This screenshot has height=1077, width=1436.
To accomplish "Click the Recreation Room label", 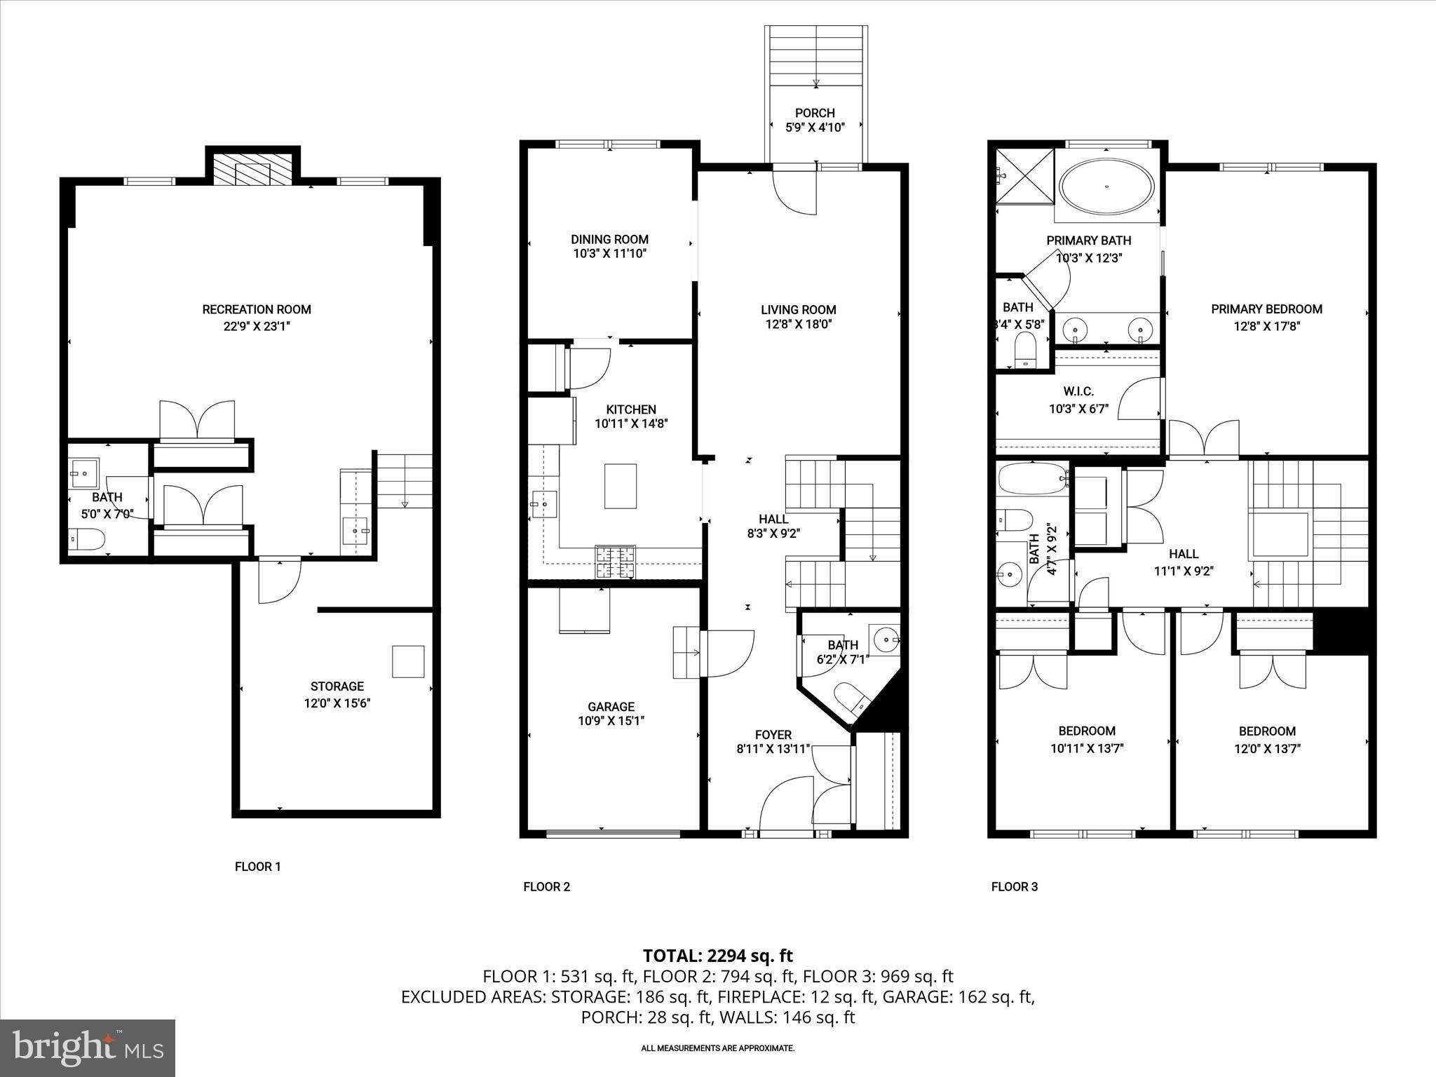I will [x=257, y=309].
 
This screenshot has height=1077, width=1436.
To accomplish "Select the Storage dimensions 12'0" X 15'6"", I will [x=337, y=703].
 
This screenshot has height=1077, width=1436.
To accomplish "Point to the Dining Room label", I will [x=609, y=239].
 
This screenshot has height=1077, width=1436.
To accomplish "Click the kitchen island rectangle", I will [x=621, y=486].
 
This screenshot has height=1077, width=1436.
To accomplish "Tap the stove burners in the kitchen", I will [x=616, y=561].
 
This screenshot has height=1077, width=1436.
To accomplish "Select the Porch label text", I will [x=815, y=113].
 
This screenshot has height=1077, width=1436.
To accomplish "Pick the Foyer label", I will [x=773, y=735].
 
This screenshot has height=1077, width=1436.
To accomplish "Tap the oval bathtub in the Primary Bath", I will [x=1106, y=187].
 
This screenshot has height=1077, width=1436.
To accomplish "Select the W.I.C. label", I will [x=1078, y=392].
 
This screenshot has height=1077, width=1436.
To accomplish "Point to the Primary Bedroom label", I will [x=1266, y=309].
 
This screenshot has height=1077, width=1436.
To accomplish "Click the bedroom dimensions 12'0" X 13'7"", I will [x=1267, y=748].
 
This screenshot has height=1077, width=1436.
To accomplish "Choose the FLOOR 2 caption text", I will [x=546, y=886].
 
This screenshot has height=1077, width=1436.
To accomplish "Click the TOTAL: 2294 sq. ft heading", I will [x=717, y=956].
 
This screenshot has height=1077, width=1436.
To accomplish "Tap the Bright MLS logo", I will [x=88, y=1048].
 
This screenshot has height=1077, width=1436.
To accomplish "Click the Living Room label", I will [x=798, y=309].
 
